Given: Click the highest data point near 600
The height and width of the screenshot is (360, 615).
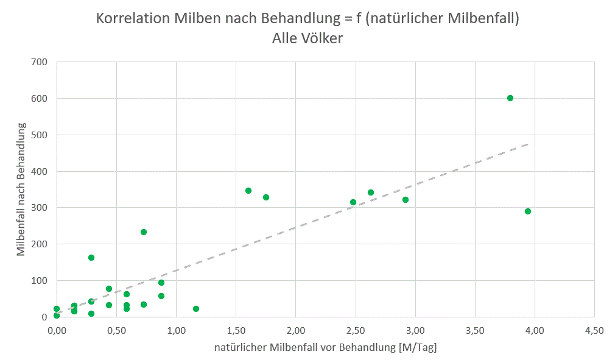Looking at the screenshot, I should pos(510,98).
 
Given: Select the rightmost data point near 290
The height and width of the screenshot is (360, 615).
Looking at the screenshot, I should pos(528,211).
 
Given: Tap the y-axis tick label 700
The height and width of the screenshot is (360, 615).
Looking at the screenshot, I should pos(41,62).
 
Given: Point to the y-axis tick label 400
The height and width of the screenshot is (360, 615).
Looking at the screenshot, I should pos(41,171).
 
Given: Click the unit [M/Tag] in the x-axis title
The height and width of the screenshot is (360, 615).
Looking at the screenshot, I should pos(417,347).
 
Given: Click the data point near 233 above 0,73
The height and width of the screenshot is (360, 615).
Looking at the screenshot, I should pos(144,232).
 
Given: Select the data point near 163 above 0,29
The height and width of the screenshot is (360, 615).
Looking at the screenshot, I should pos(91,258).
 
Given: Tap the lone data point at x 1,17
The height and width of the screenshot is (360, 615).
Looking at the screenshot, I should pos(196,309).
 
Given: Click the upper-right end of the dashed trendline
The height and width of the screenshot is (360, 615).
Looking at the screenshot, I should pos(527,144).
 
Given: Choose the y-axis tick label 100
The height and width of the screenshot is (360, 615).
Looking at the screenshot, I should pos(41,281).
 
